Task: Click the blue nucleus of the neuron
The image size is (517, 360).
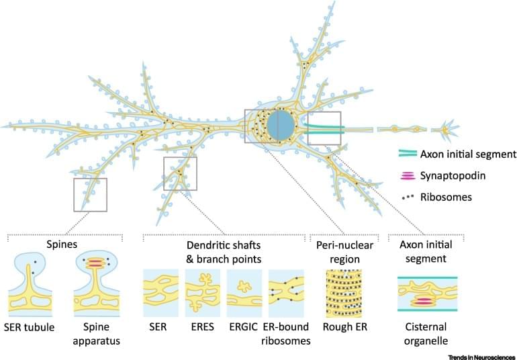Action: (279, 125)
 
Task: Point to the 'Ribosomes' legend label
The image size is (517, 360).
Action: (444, 197)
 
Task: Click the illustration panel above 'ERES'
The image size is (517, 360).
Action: (202, 293)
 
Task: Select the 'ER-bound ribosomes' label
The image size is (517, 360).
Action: (287, 334)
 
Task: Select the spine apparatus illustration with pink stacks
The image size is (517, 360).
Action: (98, 285)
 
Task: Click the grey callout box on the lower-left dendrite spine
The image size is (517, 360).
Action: (90, 195)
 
